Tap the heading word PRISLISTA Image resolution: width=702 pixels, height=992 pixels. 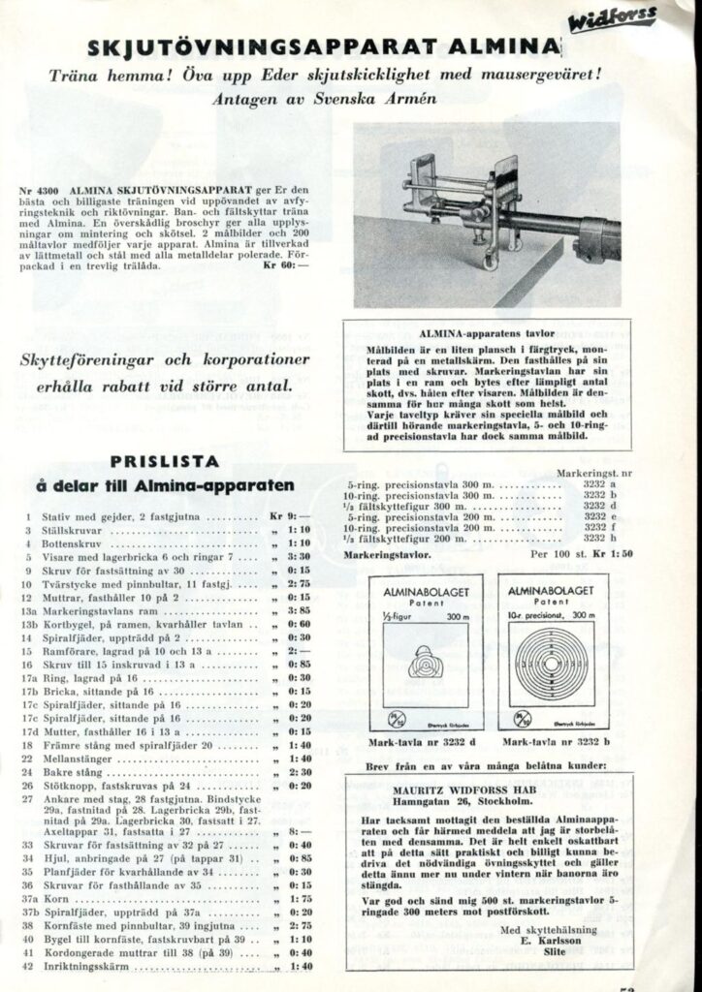tap(164, 461)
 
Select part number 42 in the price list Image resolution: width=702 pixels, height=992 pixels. tap(30, 966)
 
